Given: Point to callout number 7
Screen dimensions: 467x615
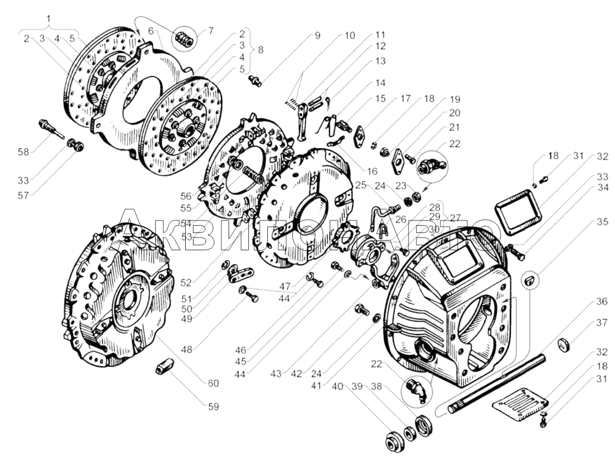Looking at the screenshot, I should click(x=211, y=31).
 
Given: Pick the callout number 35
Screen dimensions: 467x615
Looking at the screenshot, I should click(x=602, y=221).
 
